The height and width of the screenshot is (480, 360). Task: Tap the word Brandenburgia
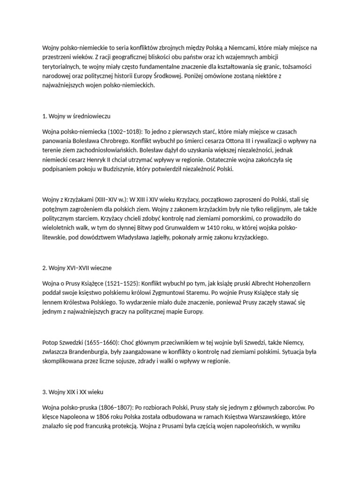pos(93,352)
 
